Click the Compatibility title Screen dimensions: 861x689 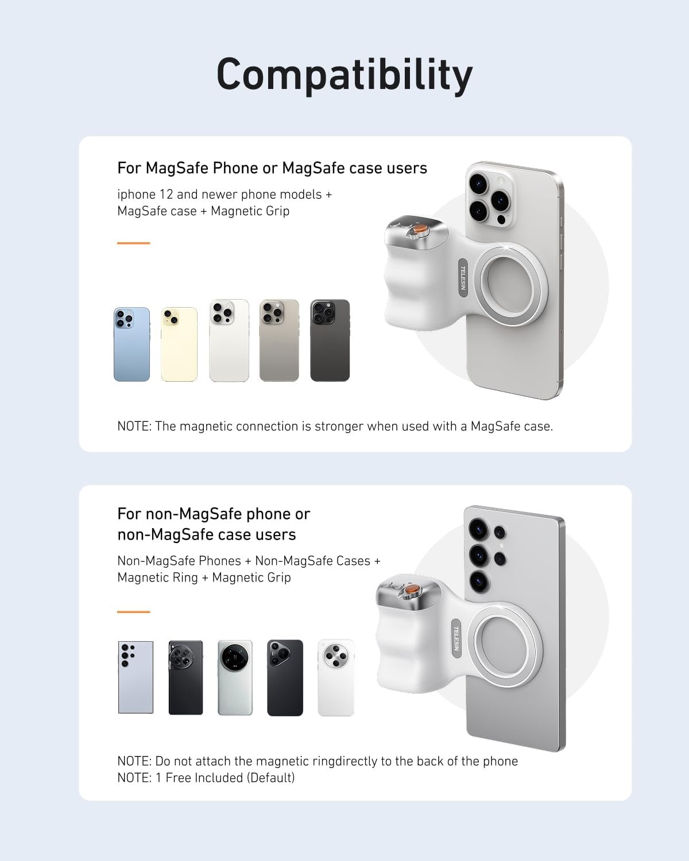click(344, 75)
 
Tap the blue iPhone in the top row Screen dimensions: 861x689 click(131, 344)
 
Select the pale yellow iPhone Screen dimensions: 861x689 click(179, 344)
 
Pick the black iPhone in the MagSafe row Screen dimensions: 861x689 click(330, 340)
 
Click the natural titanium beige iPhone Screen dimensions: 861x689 click(279, 340)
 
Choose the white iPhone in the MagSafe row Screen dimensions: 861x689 click(229, 340)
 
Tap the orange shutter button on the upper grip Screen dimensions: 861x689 click(421, 229)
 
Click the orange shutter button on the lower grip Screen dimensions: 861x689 click(412, 591)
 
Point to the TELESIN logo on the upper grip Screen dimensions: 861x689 click(463, 277)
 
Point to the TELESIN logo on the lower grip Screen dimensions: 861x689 click(456, 638)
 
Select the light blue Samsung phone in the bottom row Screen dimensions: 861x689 click(136, 677)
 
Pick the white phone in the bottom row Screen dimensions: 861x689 click(336, 677)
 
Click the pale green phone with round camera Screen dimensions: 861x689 click(235, 677)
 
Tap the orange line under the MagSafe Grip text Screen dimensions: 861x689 click(133, 243)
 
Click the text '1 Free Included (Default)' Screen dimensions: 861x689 click(225, 778)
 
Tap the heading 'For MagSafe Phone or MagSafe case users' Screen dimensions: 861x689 click(272, 168)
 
